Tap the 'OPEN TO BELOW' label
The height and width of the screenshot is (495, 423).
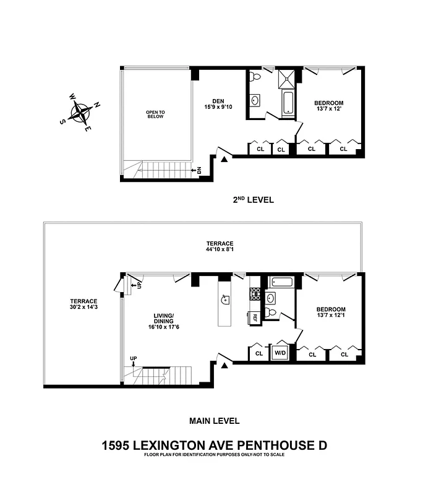click(155, 114)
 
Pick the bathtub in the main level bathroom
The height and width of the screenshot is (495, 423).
click(282, 283)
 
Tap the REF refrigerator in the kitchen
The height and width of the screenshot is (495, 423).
click(255, 317)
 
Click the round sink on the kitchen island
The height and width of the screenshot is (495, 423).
click(225, 300)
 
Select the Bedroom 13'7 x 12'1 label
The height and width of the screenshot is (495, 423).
click(331, 312)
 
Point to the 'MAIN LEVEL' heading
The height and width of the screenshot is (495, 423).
click(214, 421)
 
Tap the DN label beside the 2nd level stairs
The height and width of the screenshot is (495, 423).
click(198, 170)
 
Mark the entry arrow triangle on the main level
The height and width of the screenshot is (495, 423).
click(225, 366)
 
